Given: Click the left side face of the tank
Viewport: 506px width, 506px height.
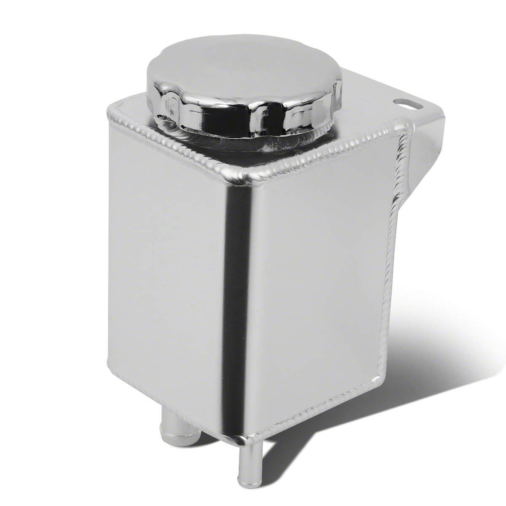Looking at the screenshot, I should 164,274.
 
